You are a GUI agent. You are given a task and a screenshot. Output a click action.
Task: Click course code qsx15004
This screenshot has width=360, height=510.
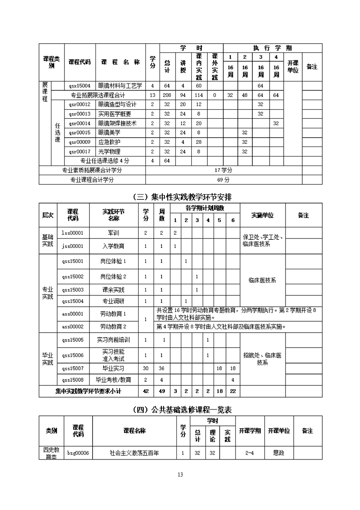tap(80, 86)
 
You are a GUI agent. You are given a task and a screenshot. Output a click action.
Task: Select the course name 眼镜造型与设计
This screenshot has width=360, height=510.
tap(117, 104)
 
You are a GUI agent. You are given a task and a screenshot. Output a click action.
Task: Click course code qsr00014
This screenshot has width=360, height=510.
tap(80, 123)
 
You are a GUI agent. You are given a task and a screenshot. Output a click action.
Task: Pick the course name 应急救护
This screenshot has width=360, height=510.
tap(109, 142)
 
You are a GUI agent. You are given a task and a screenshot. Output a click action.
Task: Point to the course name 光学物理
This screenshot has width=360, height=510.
tap(109, 151)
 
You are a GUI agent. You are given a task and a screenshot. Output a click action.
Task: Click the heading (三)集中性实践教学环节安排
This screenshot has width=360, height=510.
tap(180, 197)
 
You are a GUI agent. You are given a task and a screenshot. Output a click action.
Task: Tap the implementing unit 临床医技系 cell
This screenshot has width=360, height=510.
tap(262, 280)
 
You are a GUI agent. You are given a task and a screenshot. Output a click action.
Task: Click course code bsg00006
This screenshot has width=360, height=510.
tap(78, 453)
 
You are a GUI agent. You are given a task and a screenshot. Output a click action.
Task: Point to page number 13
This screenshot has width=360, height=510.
tap(180, 475)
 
